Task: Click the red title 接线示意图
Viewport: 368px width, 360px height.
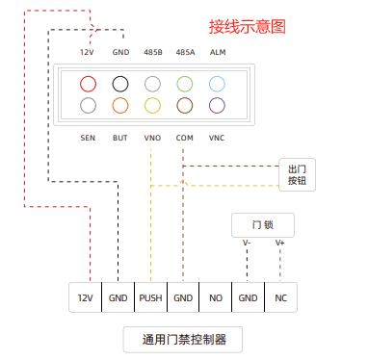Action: coord(248,27)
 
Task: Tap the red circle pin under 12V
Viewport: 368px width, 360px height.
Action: coord(89,85)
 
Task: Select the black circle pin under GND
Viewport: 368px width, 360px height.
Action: coord(120,85)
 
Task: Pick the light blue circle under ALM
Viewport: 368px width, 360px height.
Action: coord(217,85)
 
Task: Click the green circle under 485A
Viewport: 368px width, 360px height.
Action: coord(185,85)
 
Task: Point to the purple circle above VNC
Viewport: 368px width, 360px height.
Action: coord(217,105)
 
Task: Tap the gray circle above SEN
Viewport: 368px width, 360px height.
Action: coord(89,105)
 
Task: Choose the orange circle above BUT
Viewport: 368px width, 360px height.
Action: coord(120,105)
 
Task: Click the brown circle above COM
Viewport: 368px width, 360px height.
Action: coord(185,105)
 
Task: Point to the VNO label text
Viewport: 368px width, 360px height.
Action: coord(152,138)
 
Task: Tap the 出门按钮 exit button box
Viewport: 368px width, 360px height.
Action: coord(297,174)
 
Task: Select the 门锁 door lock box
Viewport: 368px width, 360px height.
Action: coord(262,224)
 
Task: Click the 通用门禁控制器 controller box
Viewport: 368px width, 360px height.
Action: coord(182,339)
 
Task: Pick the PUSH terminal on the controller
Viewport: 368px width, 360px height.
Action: coord(150,298)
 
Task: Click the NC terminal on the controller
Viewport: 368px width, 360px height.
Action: coord(280,298)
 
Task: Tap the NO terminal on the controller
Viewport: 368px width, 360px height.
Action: coord(216,298)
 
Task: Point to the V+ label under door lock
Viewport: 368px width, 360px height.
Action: coord(280,243)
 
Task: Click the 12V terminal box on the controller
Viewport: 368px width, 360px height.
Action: coord(85,298)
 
